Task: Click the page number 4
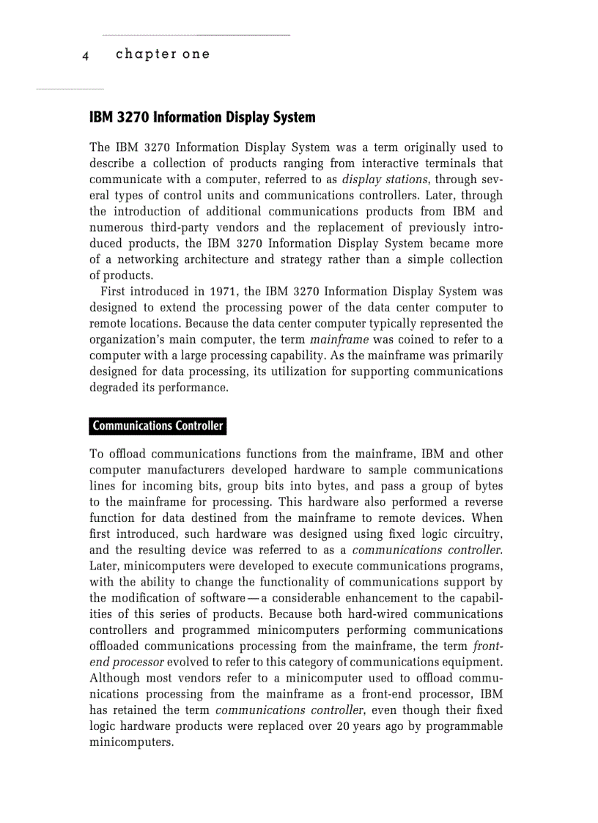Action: click(x=86, y=56)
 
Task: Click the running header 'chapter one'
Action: click(x=163, y=54)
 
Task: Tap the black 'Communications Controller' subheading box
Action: click(x=158, y=426)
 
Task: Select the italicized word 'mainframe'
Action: click(x=335, y=340)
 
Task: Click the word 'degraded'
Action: click(x=113, y=388)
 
